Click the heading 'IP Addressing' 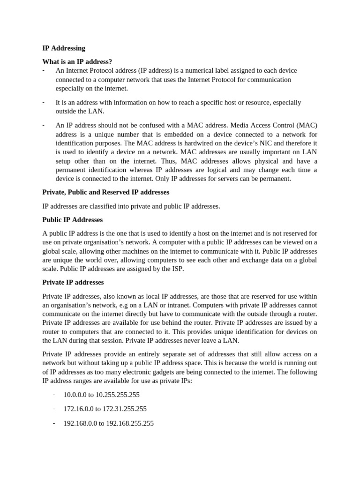[x=64, y=48]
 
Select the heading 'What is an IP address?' [x=77, y=62]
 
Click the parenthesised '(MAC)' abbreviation [x=307, y=125]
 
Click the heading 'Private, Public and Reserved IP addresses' [x=106, y=192]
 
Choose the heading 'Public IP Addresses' [x=73, y=219]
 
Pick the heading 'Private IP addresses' [x=73, y=282]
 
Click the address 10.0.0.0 [x=75, y=395]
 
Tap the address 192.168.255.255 [x=130, y=423]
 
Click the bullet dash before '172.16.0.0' [x=54, y=409]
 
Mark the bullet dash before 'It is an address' [x=43, y=102]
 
